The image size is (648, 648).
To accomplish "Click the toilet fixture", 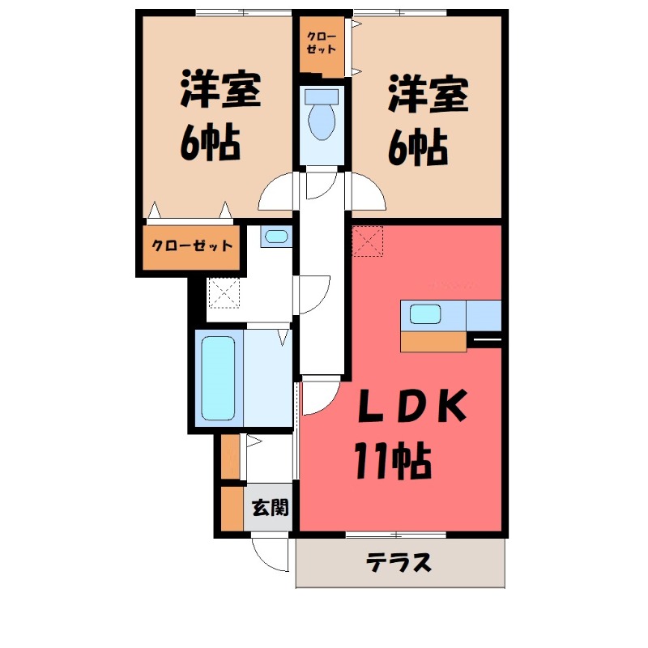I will click(x=322, y=118).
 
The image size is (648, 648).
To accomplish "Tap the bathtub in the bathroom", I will click(x=217, y=378).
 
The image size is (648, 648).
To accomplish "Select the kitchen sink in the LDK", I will click(x=424, y=313).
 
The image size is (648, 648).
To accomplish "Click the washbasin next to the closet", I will click(x=276, y=237).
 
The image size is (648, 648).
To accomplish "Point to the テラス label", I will click(x=399, y=562).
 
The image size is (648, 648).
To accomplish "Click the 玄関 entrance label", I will click(x=269, y=509).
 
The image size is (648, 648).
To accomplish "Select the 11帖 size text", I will click(x=390, y=463).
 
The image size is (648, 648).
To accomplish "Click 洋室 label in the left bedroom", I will click(x=220, y=91).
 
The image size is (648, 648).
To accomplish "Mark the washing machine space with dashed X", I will click(x=224, y=292).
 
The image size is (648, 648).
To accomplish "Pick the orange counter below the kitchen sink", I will click(x=433, y=341).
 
